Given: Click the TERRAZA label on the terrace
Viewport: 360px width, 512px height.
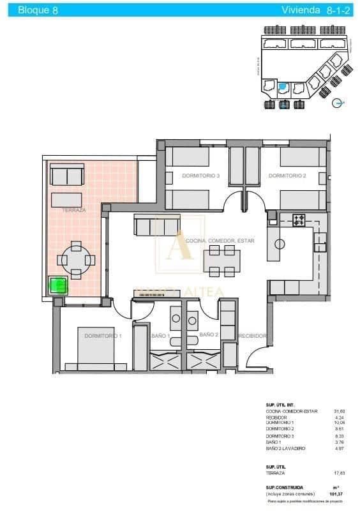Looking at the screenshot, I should (x=75, y=209).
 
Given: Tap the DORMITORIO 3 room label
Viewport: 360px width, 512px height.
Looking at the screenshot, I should (x=200, y=176).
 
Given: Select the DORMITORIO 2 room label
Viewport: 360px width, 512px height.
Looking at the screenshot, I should (x=287, y=176).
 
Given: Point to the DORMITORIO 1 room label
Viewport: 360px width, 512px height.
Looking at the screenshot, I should (x=103, y=335).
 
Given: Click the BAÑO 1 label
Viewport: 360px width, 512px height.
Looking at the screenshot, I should (x=160, y=335).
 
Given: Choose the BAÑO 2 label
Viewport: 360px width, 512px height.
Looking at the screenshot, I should (x=209, y=334).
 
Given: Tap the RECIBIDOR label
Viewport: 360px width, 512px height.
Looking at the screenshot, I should (x=251, y=335).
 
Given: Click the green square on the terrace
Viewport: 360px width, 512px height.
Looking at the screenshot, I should (x=58, y=284).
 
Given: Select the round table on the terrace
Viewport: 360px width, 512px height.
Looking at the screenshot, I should (x=76, y=260).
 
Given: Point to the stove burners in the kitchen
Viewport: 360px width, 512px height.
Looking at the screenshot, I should (x=299, y=221).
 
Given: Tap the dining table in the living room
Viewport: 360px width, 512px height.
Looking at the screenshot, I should (x=222, y=260).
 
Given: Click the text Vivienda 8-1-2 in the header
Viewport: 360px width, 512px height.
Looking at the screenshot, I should (x=312, y=10).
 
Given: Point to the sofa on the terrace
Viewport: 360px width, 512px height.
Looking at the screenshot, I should (x=67, y=174).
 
